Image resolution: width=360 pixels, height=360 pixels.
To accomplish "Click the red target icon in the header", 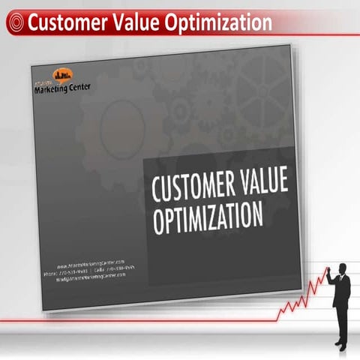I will tap(13, 23).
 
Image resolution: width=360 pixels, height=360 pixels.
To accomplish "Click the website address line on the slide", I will tap(91, 263).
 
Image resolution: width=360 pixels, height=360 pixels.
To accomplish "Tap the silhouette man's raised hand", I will tap(327, 271).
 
